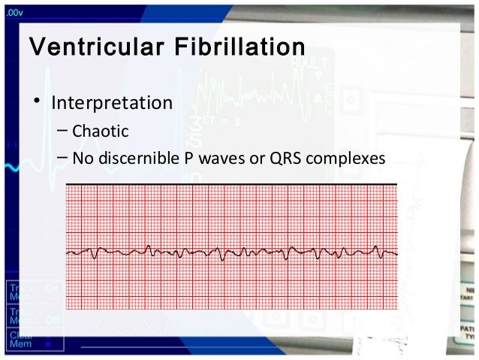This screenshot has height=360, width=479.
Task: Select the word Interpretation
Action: click(111, 101)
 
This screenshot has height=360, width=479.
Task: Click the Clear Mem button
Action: click(17, 340)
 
